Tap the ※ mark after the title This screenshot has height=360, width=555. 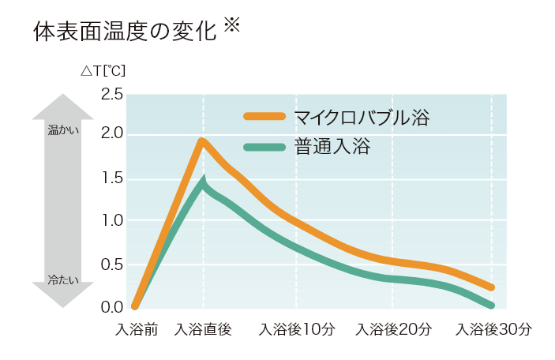pyautogui.click(x=231, y=25)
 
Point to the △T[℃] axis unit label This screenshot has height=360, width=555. pyautogui.click(x=103, y=70)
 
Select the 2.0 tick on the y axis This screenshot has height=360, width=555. pyautogui.click(x=112, y=134)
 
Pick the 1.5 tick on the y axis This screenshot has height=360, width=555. pyautogui.click(x=112, y=178)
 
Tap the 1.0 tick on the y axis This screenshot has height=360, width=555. pyautogui.click(x=112, y=221)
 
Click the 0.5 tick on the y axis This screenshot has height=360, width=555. pyautogui.click(x=112, y=264)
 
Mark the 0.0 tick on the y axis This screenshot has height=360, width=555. pyautogui.click(x=112, y=306)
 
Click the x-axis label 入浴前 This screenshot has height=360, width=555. pyautogui.click(x=137, y=329)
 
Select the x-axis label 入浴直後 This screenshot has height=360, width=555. pyautogui.click(x=203, y=329)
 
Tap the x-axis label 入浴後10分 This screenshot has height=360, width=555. pyautogui.click(x=297, y=329)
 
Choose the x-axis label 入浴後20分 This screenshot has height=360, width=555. pyautogui.click(x=394, y=329)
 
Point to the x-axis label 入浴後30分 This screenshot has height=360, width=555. pyautogui.click(x=493, y=329)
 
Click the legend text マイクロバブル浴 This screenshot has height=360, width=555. pyautogui.click(x=362, y=119)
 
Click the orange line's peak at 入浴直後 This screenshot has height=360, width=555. pyautogui.click(x=202, y=141)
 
